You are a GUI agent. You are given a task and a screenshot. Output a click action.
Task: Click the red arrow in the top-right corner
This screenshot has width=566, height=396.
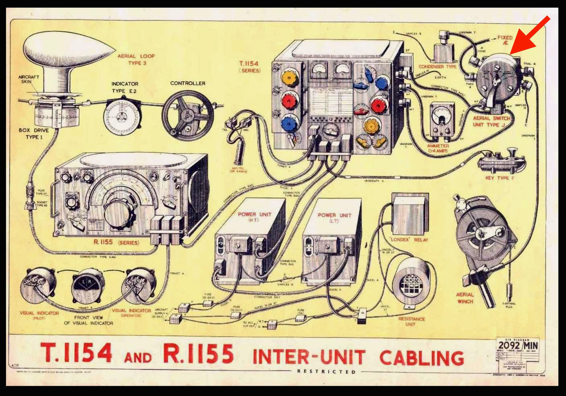(x=529, y=35)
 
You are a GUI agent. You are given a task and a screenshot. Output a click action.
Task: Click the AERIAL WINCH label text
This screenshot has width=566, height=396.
(x=465, y=298)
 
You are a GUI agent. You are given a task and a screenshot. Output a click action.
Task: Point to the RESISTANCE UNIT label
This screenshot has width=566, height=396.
(x=412, y=322)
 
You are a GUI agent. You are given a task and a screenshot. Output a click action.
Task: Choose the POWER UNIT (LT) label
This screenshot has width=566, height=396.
(x=335, y=218)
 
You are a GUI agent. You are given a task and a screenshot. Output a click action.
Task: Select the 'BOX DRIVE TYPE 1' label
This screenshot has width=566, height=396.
(x=34, y=133)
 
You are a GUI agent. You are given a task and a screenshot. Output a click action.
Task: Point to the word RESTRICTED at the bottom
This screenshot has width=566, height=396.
(x=326, y=372)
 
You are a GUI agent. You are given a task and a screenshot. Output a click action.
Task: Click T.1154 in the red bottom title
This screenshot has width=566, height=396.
(x=77, y=353)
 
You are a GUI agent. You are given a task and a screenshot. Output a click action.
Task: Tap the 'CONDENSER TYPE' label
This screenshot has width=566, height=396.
(x=438, y=67)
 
